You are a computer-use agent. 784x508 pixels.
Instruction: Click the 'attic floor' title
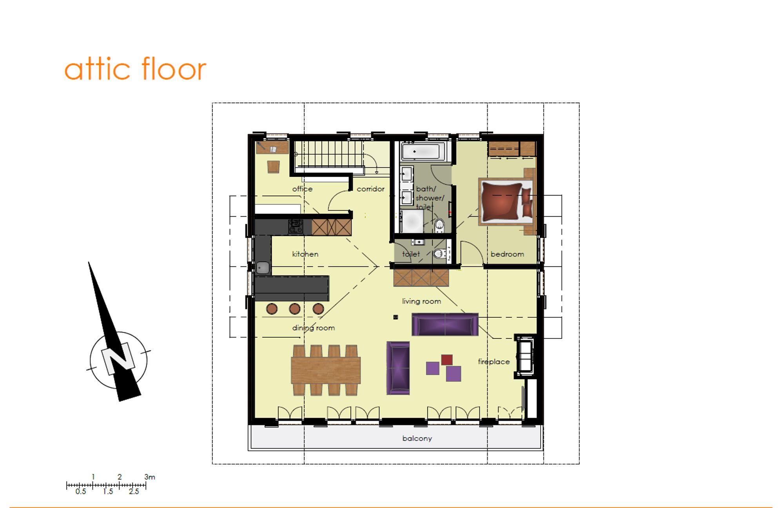(135, 69)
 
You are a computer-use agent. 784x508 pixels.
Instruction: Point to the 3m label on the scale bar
(150, 477)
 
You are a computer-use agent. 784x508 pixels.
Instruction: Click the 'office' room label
(302, 189)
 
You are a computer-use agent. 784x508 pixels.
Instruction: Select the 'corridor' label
(370, 189)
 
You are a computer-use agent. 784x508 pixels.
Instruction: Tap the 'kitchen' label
(305, 254)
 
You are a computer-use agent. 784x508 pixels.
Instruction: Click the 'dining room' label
(314, 328)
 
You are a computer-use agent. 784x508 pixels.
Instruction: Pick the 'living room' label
(421, 301)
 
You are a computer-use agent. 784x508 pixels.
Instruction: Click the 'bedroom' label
(507, 254)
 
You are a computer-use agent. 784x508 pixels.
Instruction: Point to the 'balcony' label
(417, 438)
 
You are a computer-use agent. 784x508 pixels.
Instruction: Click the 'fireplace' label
(494, 362)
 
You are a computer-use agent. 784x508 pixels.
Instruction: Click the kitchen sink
(263, 268)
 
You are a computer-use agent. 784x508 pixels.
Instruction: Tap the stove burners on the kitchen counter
(296, 226)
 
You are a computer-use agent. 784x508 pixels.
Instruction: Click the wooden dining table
(326, 370)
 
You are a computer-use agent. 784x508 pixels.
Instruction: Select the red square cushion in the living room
(447, 360)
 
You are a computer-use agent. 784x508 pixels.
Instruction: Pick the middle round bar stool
(295, 309)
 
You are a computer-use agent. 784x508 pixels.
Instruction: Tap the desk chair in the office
(274, 166)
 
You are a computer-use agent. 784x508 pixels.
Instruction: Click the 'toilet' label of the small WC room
(411, 254)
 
